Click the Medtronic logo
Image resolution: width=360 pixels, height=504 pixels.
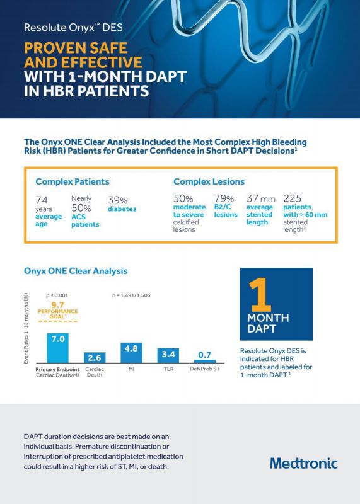[303, 463]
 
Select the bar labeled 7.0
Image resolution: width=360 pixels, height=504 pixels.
[57, 347]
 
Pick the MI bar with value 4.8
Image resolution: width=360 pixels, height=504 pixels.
[131, 351]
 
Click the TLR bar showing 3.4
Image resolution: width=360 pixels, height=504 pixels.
[168, 354]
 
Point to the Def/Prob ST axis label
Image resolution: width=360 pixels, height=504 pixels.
[204, 369]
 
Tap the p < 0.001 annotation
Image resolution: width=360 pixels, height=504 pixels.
[57, 295]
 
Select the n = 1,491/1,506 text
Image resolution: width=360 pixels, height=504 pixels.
[131, 295]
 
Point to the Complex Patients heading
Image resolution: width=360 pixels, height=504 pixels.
[73, 181]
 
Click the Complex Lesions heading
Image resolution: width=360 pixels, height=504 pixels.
[209, 181]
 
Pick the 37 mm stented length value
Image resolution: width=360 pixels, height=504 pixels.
[260, 199]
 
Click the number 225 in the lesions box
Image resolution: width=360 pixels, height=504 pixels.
[293, 198]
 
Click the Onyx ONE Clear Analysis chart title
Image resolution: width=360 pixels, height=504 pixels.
[75, 271]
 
